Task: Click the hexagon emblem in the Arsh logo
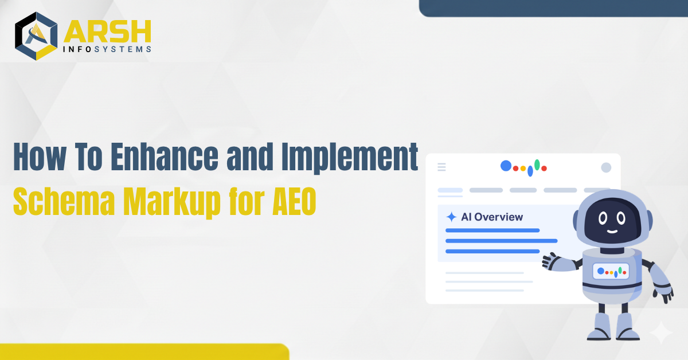[36, 36]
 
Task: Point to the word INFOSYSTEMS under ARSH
[108, 49]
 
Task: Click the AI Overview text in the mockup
[492, 217]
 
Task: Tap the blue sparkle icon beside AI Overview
[452, 217]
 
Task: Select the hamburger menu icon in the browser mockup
[441, 167]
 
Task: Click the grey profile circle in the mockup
[606, 167]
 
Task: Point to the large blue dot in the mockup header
[506, 166]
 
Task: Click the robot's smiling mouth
[611, 230]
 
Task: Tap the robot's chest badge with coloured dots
[611, 271]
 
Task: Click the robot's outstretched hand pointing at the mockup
[551, 261]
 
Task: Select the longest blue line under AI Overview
[501, 241]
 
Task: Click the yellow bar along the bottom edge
[143, 351]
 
